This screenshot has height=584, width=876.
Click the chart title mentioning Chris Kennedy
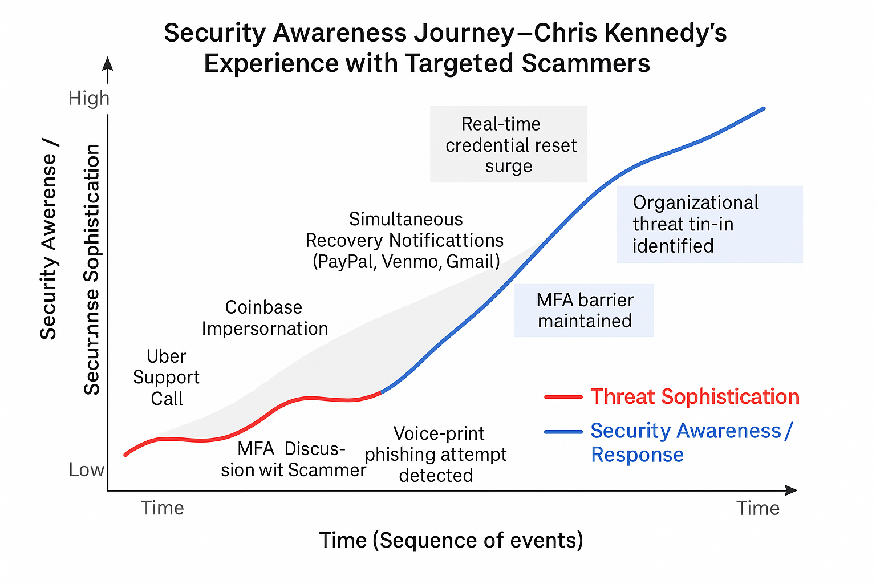[x=445, y=48]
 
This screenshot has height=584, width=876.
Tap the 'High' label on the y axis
[x=88, y=98]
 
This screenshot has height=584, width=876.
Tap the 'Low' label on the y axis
[x=86, y=469]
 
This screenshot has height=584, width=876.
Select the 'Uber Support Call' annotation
[x=167, y=377]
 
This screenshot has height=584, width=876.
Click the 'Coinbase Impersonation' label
[x=265, y=318]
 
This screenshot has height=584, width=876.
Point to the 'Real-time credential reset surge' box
[x=509, y=144]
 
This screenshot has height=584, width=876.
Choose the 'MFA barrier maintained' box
[x=584, y=310]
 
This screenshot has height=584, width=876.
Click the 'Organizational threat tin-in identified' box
[x=709, y=224]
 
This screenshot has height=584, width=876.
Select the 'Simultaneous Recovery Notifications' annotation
[x=405, y=240]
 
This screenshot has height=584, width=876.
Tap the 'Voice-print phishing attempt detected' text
[x=436, y=454]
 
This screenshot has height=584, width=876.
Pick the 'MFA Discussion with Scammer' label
[x=293, y=459]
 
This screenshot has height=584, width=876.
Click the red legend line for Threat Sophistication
[x=563, y=397]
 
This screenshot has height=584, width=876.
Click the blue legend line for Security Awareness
[x=563, y=432]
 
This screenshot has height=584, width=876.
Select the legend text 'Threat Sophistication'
[x=695, y=397]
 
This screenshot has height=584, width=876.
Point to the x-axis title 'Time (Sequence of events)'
[x=451, y=540]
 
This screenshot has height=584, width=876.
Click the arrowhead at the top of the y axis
[x=108, y=63]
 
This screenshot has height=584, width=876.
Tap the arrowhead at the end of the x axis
[x=791, y=490]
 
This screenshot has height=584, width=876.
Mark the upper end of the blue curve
[x=764, y=108]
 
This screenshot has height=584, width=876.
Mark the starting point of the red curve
[x=125, y=455]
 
